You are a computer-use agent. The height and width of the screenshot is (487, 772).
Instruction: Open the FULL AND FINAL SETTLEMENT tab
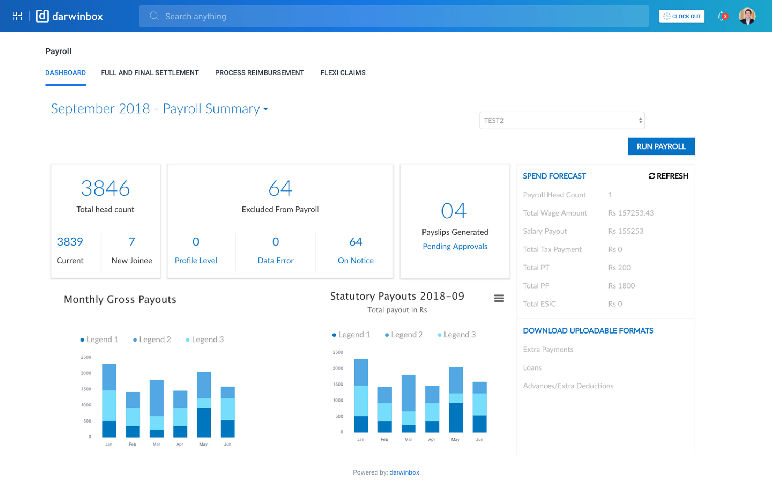point(150,73)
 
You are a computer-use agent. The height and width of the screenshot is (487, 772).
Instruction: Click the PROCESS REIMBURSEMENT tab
point(259,73)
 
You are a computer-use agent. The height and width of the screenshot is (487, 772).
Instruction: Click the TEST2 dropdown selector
point(562,121)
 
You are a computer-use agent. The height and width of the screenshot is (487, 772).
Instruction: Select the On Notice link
point(356,260)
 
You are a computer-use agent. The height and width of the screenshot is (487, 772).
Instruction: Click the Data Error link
point(275,260)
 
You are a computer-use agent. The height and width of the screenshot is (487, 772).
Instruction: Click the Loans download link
point(532,368)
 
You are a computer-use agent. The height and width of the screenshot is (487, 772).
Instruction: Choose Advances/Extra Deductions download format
point(568,386)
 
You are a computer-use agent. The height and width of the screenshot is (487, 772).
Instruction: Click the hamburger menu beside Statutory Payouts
point(499,298)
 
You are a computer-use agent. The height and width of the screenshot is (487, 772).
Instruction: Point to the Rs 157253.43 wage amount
point(631,213)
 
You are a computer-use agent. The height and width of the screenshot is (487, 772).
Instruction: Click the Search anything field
point(394,16)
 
